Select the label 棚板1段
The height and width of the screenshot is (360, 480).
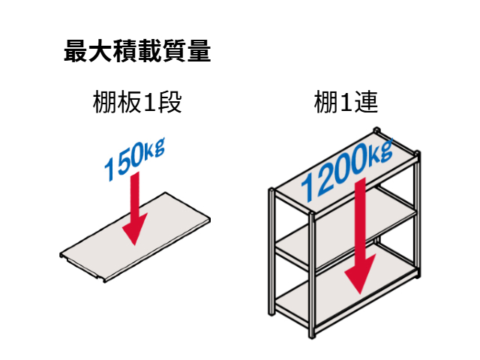point(136,103)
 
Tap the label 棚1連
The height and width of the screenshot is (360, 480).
point(346,103)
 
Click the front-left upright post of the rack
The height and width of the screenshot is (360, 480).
point(271,255)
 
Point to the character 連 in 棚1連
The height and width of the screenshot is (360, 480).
point(366,103)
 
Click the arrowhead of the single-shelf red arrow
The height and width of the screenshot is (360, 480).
point(133,232)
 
